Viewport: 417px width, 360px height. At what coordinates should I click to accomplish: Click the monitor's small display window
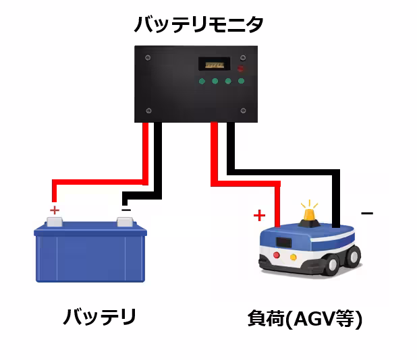coord(214,64)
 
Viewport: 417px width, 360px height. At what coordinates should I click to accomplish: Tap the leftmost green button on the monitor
coord(202,81)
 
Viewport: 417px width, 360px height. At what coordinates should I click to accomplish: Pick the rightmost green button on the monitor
coord(241,81)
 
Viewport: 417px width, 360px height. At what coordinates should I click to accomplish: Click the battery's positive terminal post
coord(55,221)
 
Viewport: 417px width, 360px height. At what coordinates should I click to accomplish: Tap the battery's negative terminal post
coord(126,221)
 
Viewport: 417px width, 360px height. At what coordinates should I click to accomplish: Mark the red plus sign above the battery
coord(55,210)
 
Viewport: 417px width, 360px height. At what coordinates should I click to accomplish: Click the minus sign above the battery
coord(126,209)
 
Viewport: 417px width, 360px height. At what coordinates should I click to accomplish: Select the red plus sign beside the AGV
coord(259,216)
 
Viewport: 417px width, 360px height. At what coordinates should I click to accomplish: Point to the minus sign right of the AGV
coord(366,214)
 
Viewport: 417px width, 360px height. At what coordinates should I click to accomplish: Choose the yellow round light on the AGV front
coord(294,257)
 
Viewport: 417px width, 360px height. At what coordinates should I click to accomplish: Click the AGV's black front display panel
coord(284,241)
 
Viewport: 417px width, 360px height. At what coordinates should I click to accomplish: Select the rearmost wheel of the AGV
coord(352,256)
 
